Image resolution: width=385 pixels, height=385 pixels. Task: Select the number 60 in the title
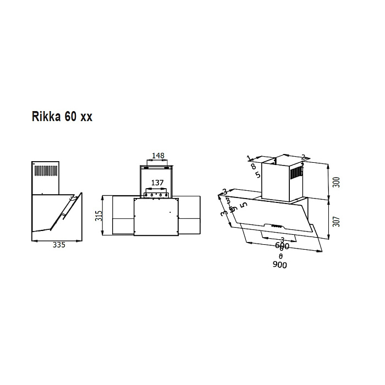point(72,118)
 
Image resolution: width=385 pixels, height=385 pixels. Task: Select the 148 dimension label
point(158,156)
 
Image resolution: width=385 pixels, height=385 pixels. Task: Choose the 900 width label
point(279,265)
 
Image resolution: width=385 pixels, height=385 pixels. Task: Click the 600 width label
point(282,248)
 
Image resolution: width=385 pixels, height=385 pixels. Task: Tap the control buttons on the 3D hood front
point(274,225)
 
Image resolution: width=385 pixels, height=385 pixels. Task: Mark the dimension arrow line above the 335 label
point(57,240)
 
